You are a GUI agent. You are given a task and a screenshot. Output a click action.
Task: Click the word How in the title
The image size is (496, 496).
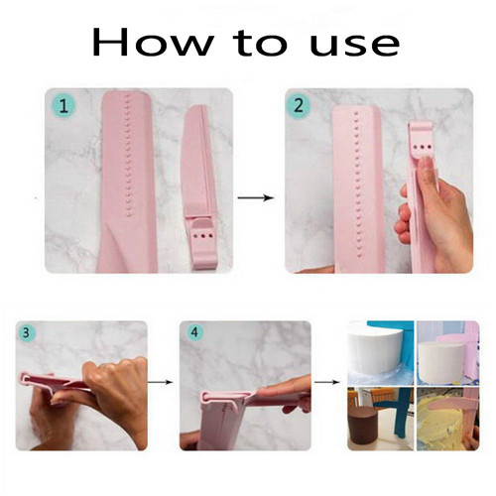click(152, 43)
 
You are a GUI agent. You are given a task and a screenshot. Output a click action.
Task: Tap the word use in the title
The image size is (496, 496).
click(355, 46)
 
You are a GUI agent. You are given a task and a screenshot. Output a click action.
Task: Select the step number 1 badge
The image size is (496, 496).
click(63, 106)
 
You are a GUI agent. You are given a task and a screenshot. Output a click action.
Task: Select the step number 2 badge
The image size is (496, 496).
click(299, 106)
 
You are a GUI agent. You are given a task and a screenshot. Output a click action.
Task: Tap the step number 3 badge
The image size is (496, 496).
click(26, 332)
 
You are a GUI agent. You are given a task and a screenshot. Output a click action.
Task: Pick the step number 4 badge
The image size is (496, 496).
click(194, 331)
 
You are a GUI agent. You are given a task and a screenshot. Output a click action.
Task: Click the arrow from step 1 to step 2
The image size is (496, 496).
click(256, 197)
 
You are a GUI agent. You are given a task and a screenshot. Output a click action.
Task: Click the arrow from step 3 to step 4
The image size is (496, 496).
click(161, 382)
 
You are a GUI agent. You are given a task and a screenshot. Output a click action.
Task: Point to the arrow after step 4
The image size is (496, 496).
click(326, 382)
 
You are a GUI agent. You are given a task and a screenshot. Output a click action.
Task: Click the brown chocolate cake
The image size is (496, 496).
click(364, 427)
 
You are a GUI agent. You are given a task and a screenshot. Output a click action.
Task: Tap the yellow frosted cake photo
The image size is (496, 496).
click(447, 419)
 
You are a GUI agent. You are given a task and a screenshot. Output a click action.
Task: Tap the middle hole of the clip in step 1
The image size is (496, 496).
click(202, 236)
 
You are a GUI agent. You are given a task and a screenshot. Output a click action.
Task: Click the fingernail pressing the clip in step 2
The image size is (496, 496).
click(428, 162)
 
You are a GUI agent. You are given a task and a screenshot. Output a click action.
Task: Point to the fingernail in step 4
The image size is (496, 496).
click(267, 393)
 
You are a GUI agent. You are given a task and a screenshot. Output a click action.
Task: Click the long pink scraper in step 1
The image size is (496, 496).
click(127, 182)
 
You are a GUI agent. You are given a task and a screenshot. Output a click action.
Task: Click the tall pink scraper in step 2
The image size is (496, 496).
click(358, 189)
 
